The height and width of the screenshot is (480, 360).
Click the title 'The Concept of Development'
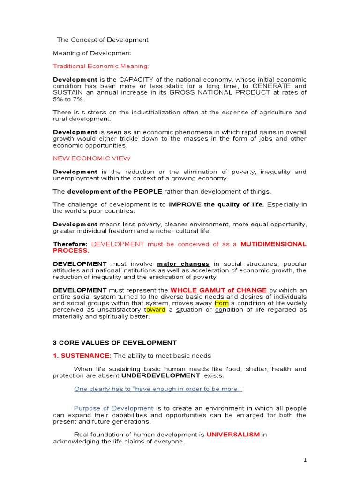point(103,40)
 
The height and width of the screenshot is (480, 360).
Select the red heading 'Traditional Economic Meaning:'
point(101,66)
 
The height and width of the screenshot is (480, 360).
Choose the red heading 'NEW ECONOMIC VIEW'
point(92,158)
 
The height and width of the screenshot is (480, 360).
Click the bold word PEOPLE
point(149,191)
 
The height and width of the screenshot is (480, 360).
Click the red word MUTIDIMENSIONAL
point(273,244)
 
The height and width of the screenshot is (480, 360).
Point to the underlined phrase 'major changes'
point(183,264)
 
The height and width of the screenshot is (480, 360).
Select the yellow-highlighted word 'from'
point(221,303)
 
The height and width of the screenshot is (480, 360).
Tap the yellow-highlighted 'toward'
point(152,310)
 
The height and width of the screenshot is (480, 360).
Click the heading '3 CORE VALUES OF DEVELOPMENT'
point(115,343)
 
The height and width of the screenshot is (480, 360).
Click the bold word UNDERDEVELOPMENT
point(160,375)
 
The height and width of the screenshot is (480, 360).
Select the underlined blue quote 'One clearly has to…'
point(158,389)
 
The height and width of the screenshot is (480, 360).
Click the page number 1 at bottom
point(305,460)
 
